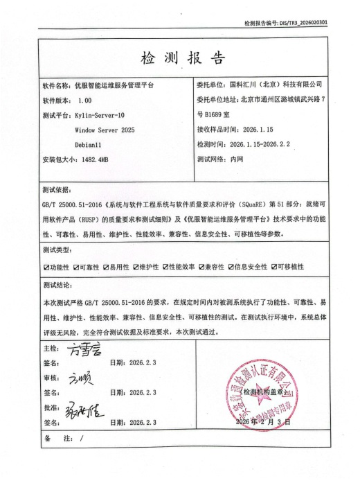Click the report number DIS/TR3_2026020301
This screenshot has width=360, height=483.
[x=304, y=23]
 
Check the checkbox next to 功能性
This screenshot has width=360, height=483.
[x=45, y=266]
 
